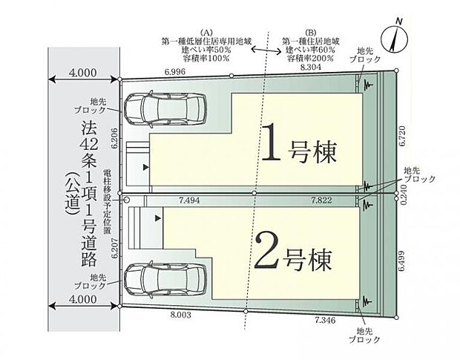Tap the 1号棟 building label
[x=300, y=148]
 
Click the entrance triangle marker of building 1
[x=145, y=168]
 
